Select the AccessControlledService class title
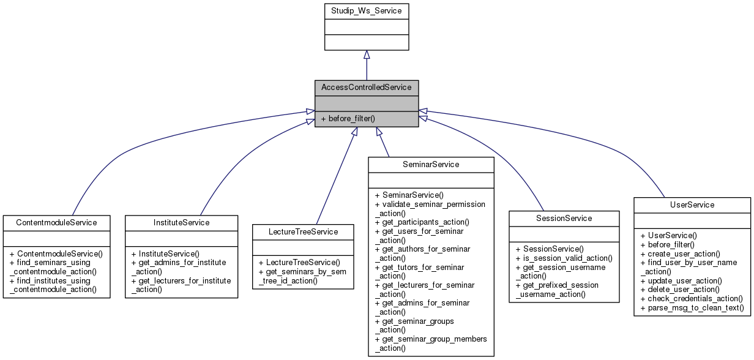click(367, 88)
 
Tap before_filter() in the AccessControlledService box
click(348, 118)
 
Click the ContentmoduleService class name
click(56, 222)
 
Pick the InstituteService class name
click(181, 222)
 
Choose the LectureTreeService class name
click(303, 231)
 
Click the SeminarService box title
click(431, 165)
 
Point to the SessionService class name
click(564, 218)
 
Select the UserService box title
click(692, 204)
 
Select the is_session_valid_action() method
click(564, 258)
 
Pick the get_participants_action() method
click(422, 222)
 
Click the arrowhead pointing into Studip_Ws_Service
click(366, 54)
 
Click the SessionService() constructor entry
click(550, 249)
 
